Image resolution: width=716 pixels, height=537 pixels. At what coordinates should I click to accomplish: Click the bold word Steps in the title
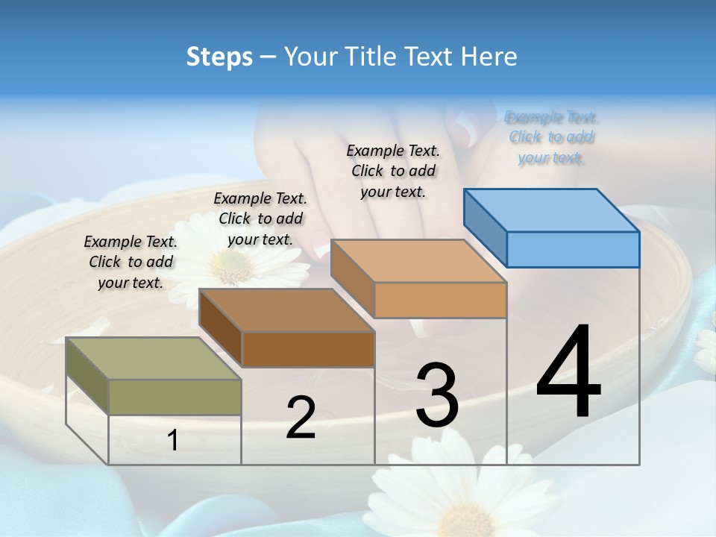[x=219, y=57]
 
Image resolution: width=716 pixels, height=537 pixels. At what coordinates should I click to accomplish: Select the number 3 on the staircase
[x=437, y=395]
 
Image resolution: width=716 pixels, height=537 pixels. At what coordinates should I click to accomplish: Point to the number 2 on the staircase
[x=301, y=418]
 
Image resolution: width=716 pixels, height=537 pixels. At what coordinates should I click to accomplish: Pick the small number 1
[x=173, y=441]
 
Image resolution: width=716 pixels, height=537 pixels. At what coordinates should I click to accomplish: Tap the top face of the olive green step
[x=154, y=359]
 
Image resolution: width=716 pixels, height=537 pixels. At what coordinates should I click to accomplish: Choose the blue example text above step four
[x=551, y=137]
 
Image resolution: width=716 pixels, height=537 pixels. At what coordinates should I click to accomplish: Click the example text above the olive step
[x=131, y=262]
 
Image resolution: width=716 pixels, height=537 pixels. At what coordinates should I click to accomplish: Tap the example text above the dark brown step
[x=260, y=219]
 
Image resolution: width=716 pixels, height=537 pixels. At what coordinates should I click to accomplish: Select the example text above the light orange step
[x=393, y=171]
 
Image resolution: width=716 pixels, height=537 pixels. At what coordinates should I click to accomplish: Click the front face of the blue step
[x=573, y=249]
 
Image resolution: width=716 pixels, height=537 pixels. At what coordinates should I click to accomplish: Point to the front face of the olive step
[x=175, y=397]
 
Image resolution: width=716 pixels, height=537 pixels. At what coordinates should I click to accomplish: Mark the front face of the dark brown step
[x=308, y=349]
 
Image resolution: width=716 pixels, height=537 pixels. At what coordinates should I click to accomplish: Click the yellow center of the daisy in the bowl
[x=232, y=266]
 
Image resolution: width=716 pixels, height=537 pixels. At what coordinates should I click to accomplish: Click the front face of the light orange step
[x=440, y=300]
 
